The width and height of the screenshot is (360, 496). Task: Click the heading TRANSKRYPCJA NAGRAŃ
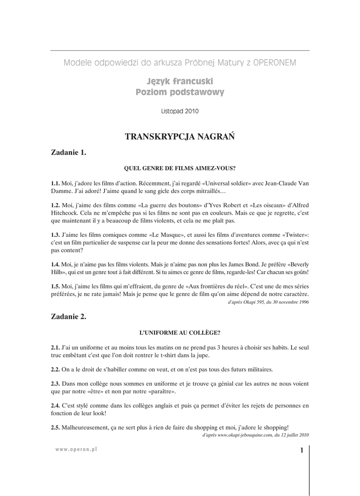pos(180,137)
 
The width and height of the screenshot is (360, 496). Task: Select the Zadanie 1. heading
pos(68,153)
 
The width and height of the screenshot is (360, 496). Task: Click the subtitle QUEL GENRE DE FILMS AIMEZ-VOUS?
pos(180,169)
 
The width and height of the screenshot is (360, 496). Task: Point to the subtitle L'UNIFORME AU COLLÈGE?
pos(180,333)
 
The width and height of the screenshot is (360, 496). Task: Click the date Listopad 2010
pos(180,111)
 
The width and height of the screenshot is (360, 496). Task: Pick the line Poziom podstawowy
pos(180,92)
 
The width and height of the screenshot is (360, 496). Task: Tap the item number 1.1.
pos(55,184)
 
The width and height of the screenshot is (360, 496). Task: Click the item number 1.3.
pos(55,234)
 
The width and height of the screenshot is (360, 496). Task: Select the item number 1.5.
pos(55,286)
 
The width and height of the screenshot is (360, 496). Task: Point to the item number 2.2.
pos(55,369)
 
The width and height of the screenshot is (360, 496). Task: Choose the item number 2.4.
pos(55,405)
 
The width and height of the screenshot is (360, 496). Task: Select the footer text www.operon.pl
pos(77,449)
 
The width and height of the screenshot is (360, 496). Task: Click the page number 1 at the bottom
pos(301,451)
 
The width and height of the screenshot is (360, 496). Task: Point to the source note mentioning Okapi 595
pos(268,302)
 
